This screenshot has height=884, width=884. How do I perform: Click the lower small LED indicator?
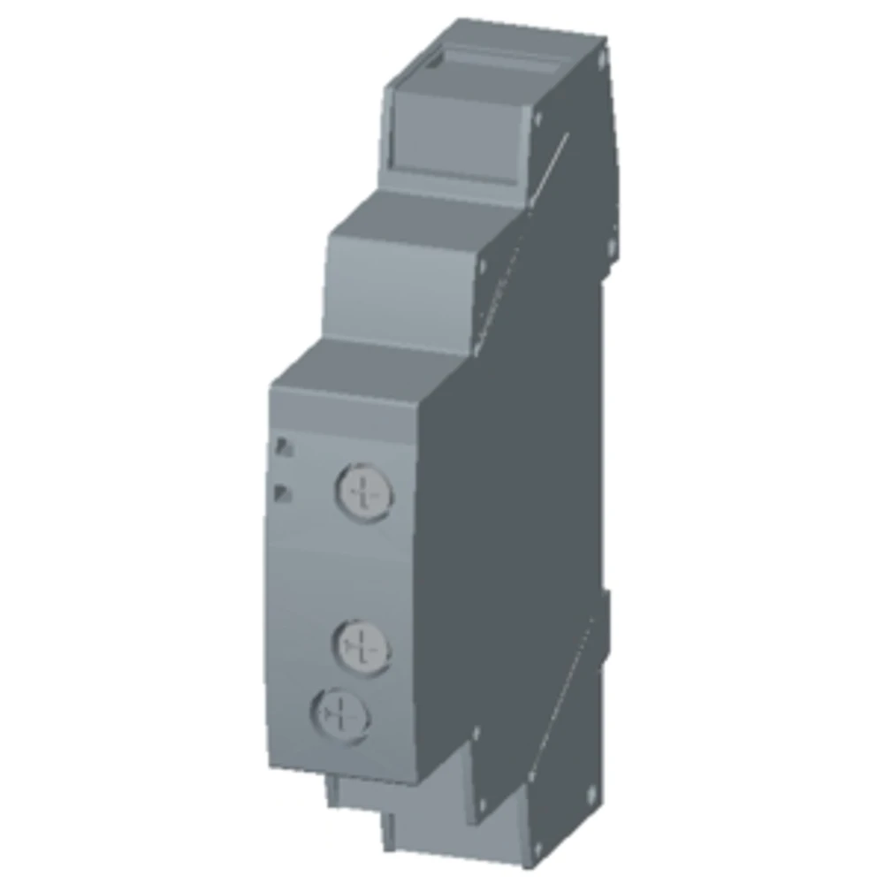(x=283, y=492)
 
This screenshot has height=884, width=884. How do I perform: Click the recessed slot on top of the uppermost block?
(x=495, y=66)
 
